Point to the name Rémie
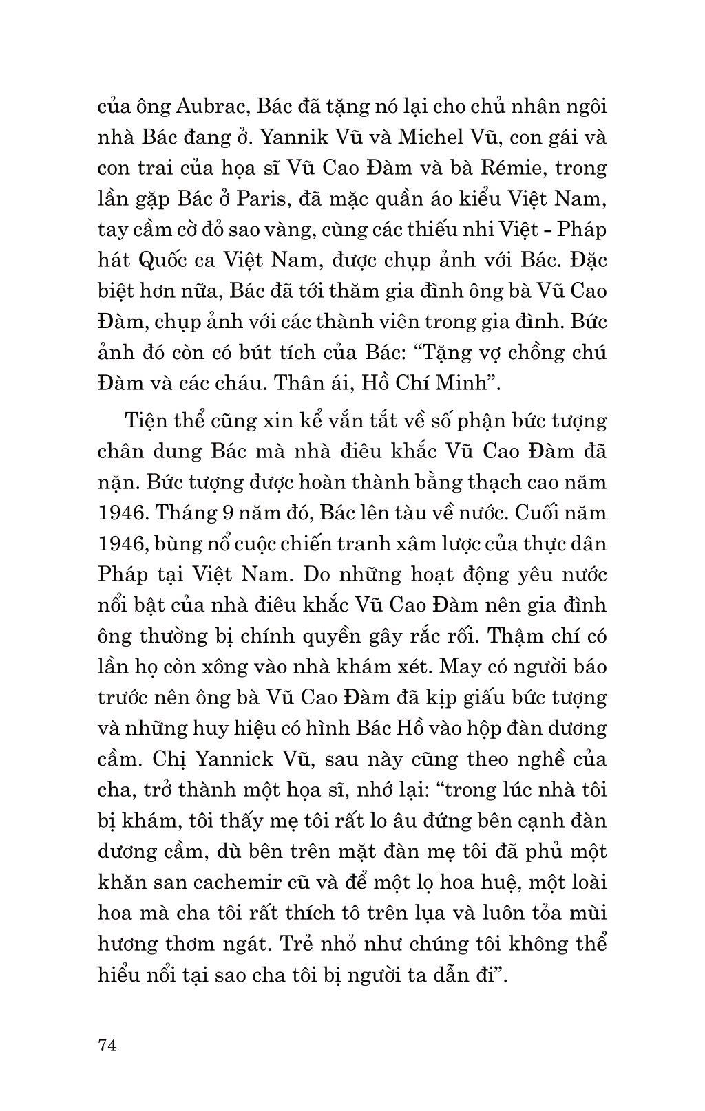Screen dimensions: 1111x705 click(512, 168)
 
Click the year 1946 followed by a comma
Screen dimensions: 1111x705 click(122, 543)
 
